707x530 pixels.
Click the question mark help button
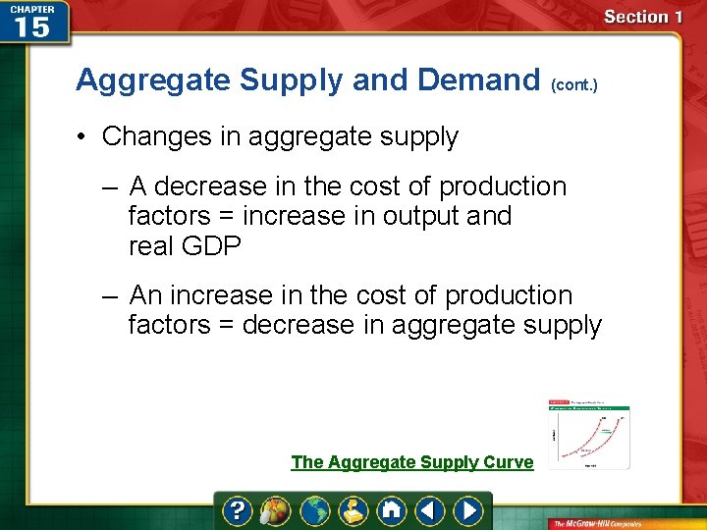pyautogui.click(x=238, y=510)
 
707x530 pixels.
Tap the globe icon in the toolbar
pyautogui.click(x=315, y=510)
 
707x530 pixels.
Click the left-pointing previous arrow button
pyautogui.click(x=429, y=510)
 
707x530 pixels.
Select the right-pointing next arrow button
pyautogui.click(x=469, y=510)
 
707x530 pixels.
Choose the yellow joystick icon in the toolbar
pyautogui.click(x=353, y=510)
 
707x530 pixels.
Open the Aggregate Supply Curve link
pyautogui.click(x=411, y=462)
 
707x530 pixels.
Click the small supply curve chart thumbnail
pyautogui.click(x=588, y=432)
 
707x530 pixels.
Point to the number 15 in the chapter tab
pyautogui.click(x=32, y=26)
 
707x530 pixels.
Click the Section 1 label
pyautogui.click(x=642, y=17)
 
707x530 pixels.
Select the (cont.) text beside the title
pyautogui.click(x=573, y=85)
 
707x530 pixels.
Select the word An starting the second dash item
pyautogui.click(x=145, y=295)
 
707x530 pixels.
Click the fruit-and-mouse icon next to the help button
pyautogui.click(x=276, y=510)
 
